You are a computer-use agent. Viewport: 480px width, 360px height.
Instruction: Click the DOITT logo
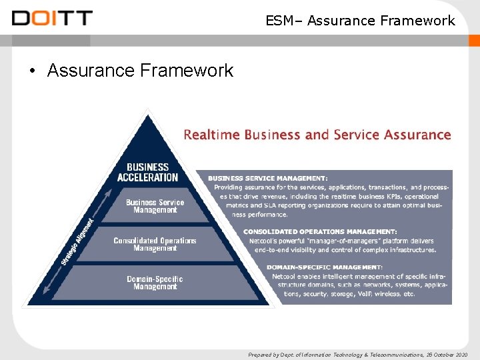(52, 18)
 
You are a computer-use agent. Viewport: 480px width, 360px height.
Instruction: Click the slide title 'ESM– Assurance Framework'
(360, 21)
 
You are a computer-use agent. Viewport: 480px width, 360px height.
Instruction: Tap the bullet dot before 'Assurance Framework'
(32, 71)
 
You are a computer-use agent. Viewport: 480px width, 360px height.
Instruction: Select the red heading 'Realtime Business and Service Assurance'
(317, 135)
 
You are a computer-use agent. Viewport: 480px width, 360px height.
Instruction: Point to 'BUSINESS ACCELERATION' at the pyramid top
(147, 172)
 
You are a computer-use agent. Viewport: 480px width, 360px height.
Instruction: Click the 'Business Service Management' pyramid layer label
(155, 206)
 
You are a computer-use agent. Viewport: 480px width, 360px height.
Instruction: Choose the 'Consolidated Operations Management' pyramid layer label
(155, 244)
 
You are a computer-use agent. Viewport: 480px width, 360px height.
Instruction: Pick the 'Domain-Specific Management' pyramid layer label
(155, 283)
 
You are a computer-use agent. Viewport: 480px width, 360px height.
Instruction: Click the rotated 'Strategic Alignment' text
(78, 239)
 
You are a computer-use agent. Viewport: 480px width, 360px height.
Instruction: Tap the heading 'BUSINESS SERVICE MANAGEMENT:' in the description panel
(267, 179)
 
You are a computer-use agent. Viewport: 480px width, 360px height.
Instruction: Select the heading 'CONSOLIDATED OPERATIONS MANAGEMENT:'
(320, 232)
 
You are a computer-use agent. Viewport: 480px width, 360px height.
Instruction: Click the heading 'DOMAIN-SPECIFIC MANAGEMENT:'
(325, 267)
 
